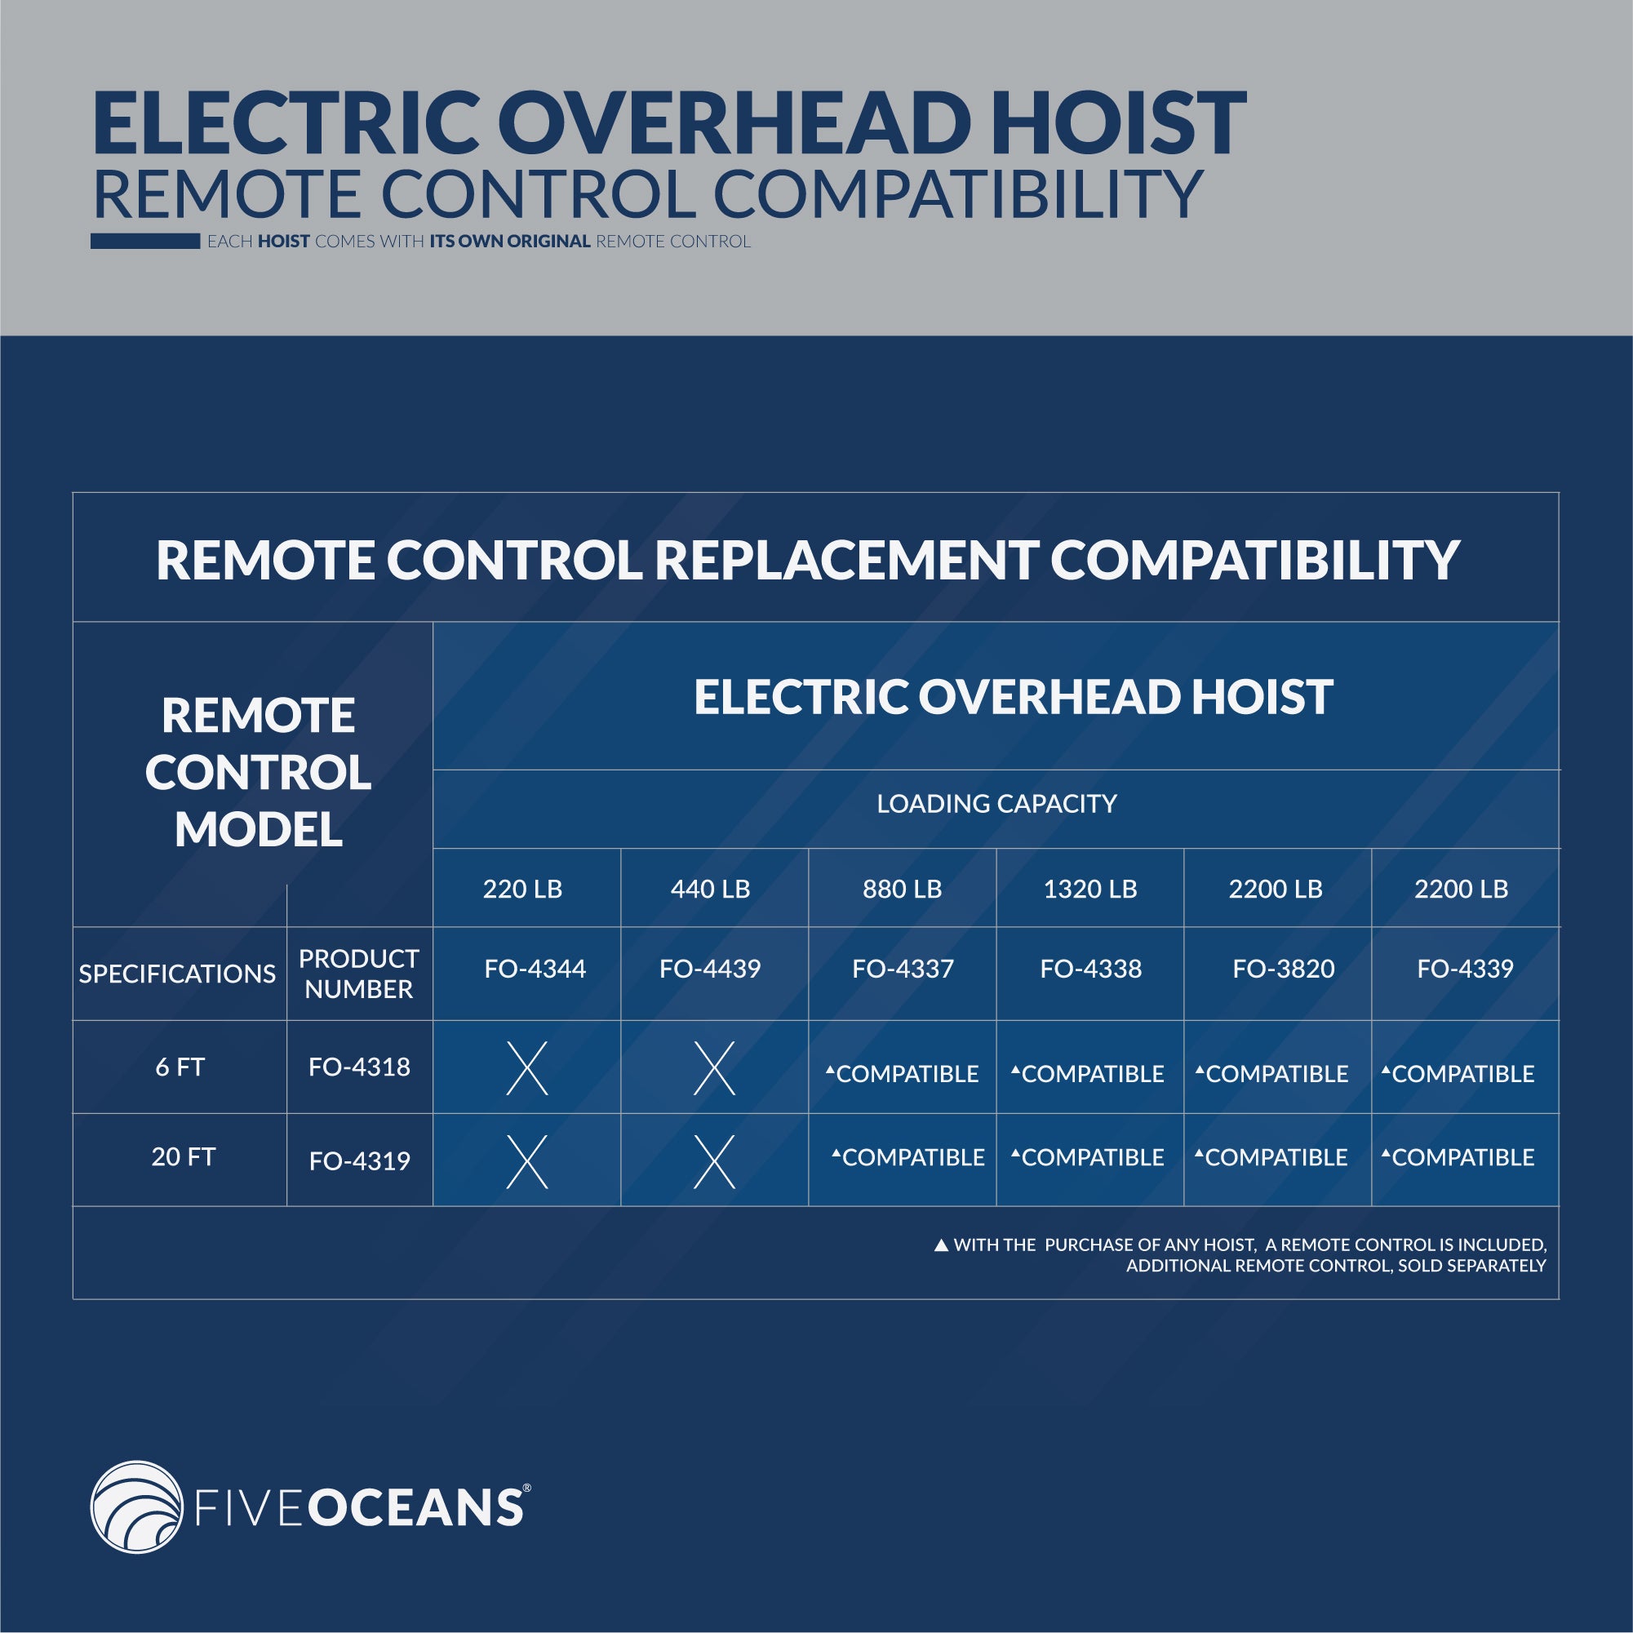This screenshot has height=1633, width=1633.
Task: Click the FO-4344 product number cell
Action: (535, 969)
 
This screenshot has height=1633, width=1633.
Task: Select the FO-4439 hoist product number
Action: (710, 969)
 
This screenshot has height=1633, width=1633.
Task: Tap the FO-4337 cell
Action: (903, 969)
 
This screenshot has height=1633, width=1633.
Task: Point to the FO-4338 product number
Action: (1090, 969)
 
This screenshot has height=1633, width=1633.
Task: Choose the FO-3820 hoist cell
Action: (1283, 969)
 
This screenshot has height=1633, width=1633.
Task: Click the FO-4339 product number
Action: (1465, 969)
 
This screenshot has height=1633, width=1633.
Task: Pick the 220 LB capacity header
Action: (522, 890)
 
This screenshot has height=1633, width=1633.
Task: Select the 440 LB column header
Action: (710, 890)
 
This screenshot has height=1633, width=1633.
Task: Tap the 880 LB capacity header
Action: (902, 890)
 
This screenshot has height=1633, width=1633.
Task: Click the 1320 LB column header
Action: (1090, 890)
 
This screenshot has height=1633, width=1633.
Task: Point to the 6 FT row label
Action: (180, 1067)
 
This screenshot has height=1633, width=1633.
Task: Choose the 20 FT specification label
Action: (184, 1156)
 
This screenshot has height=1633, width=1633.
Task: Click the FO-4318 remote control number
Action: (359, 1067)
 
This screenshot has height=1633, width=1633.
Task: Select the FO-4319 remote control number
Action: (359, 1160)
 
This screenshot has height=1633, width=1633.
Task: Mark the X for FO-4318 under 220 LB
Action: (526, 1068)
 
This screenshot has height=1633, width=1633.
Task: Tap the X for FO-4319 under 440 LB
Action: (714, 1161)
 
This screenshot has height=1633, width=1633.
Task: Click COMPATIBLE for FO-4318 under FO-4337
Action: (903, 1073)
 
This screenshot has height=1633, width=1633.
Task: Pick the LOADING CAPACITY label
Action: (996, 804)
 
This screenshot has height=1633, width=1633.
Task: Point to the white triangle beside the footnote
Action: (941, 1245)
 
